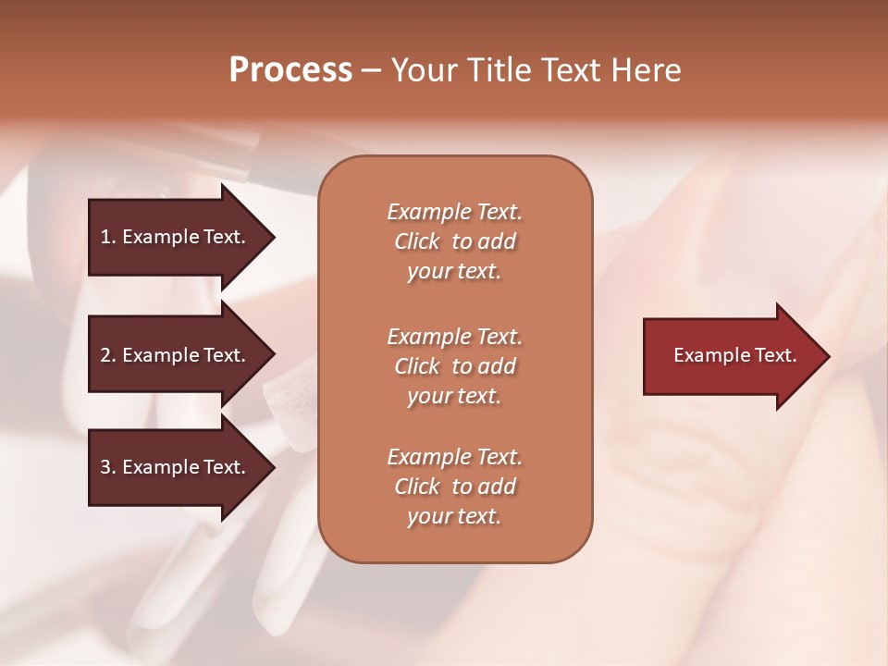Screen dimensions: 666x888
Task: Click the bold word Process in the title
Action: coord(290,70)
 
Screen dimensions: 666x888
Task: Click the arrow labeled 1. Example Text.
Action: coord(176,237)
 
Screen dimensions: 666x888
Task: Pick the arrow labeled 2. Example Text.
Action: coord(176,355)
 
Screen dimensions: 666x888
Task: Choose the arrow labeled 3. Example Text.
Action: coord(176,467)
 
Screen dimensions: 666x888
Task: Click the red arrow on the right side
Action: coord(731,356)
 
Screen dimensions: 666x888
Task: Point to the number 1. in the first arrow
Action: coord(107,237)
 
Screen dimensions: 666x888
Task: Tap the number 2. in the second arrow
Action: coord(107,355)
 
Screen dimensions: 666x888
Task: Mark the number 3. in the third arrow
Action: coord(107,467)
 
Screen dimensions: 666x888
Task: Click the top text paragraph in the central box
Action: coord(454,241)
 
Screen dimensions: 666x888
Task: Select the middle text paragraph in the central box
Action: coord(454,366)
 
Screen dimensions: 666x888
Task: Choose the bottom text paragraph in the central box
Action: coord(454,487)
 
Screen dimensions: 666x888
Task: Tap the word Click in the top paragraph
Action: coord(417,241)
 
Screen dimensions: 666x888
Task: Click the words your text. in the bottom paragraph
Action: coord(454,516)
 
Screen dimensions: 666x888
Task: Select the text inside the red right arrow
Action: coord(734,355)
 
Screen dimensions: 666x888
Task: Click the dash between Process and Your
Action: coord(372,70)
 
